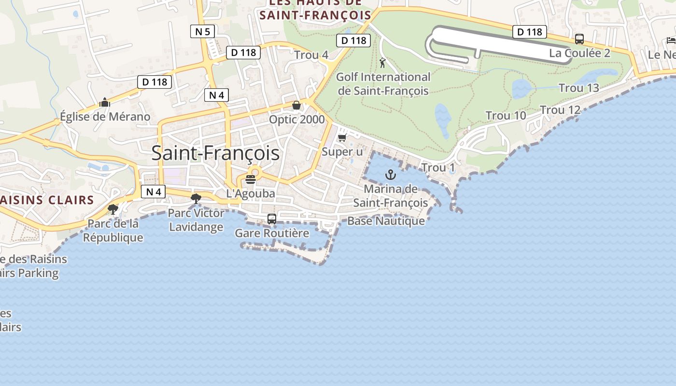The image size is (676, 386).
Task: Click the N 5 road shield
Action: tap(202, 32)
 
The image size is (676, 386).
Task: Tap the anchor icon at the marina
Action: tap(390, 175)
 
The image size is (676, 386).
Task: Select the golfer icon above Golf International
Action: tap(382, 63)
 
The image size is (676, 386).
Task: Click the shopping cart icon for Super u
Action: tap(342, 138)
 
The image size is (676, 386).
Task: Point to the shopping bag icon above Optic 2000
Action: tap(296, 105)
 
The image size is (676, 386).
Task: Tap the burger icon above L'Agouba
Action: tap(250, 179)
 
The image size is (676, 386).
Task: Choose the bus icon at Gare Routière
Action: tap(272, 219)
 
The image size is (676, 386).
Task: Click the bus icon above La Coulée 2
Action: tap(579, 39)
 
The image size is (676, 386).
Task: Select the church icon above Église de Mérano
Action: tap(105, 102)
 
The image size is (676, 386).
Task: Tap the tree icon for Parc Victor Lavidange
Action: tap(196, 198)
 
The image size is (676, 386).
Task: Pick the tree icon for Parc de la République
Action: tap(113, 209)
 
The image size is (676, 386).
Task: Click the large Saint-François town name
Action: tap(215, 153)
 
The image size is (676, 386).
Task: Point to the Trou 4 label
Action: tap(311, 55)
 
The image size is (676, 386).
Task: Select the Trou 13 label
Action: tap(578, 88)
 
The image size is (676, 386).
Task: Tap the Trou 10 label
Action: tap(506, 116)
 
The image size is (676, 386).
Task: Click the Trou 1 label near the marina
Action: tap(438, 168)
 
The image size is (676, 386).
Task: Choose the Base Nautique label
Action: tap(386, 221)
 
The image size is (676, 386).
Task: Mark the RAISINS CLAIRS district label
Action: tap(47, 200)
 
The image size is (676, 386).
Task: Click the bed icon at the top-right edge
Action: tap(671, 40)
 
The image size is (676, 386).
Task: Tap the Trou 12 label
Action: tap(560, 110)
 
